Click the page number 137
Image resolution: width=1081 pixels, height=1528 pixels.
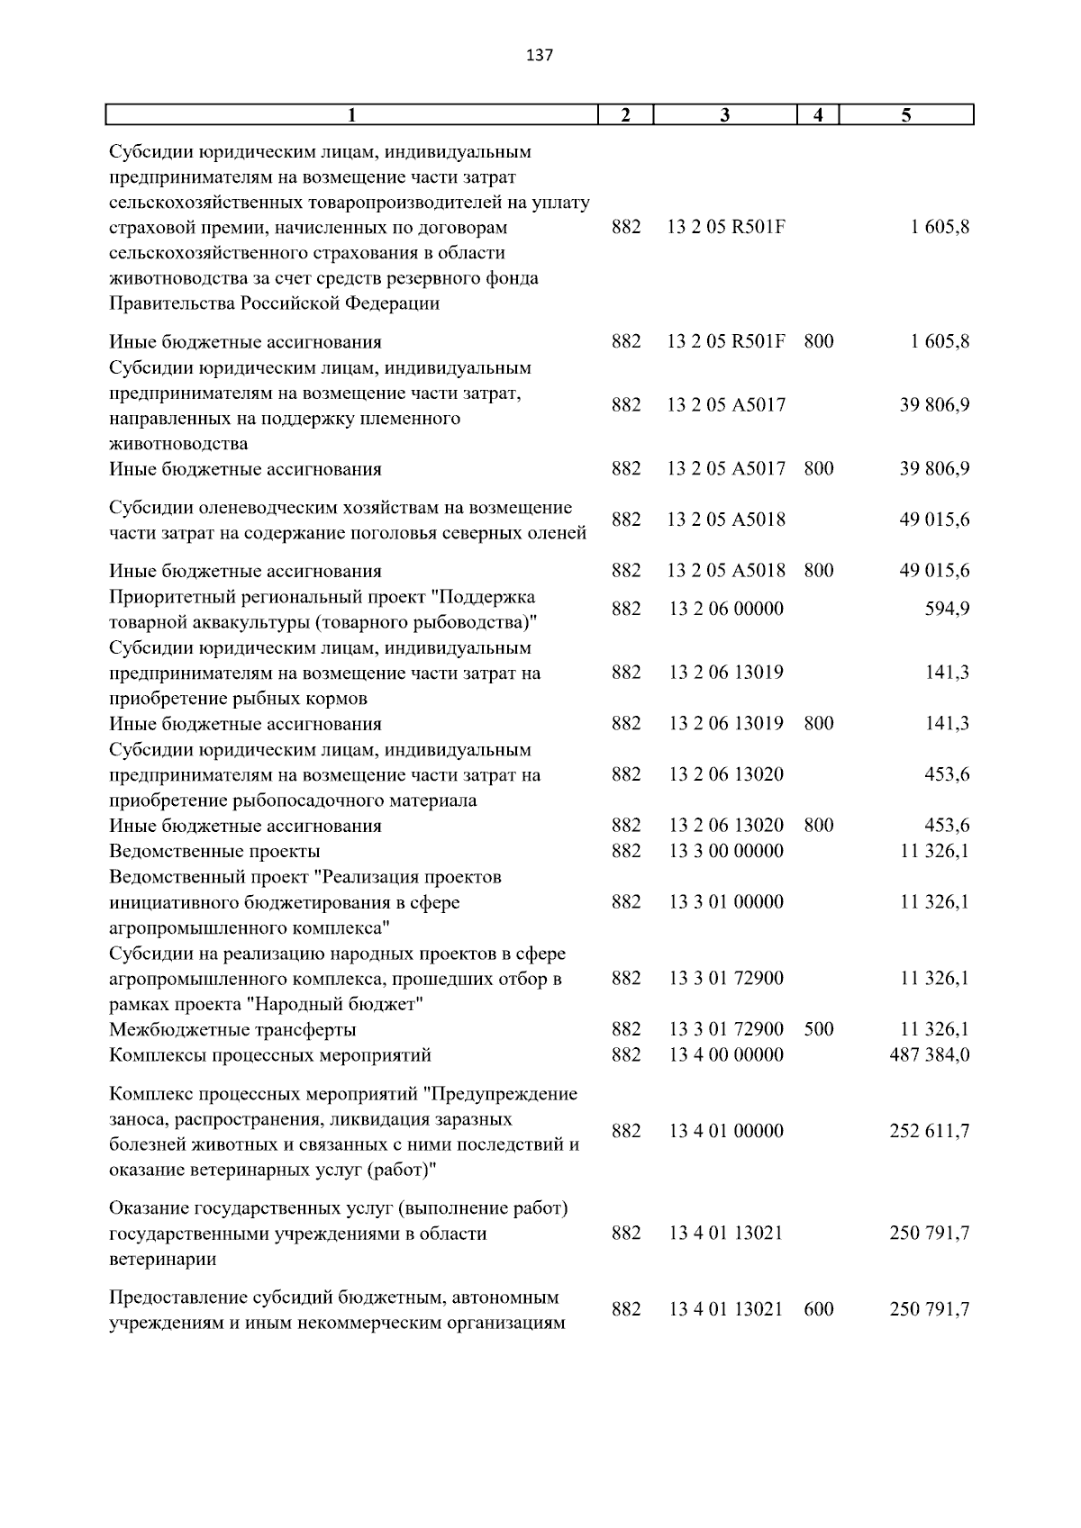point(539,56)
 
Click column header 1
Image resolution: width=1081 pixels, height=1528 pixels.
point(352,115)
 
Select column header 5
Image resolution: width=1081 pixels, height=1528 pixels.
point(906,115)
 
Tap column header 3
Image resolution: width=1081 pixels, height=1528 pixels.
point(725,115)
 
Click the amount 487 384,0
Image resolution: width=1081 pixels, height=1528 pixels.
point(929,1054)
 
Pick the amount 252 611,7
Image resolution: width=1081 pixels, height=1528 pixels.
point(929,1131)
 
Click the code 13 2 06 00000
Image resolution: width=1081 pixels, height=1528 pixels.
point(726,609)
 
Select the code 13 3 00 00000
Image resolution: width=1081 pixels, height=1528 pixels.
point(726,851)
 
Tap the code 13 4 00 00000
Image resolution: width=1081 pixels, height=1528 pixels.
point(726,1054)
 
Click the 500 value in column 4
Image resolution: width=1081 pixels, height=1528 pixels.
point(818,1029)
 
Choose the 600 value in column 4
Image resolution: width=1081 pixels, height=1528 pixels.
point(818,1309)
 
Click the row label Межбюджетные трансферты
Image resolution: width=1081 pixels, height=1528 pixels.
point(232,1029)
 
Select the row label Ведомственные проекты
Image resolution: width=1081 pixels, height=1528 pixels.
point(214,851)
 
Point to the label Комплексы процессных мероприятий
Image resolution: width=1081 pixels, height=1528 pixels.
point(270,1054)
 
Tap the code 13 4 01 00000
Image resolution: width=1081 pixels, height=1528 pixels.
point(726,1131)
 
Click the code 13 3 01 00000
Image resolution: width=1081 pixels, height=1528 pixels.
point(726,902)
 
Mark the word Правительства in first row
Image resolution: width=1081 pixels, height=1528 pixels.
point(172,303)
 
